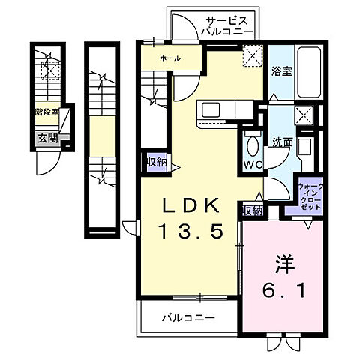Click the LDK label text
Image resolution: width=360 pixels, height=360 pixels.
[190, 206]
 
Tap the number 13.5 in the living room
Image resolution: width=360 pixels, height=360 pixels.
[190, 231]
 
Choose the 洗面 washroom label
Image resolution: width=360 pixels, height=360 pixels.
[282, 142]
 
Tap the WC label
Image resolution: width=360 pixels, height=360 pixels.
[251, 165]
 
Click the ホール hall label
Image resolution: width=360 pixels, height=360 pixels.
[169, 58]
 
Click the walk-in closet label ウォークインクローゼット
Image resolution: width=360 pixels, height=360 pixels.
[310, 196]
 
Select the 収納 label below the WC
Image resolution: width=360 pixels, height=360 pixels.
[252, 211]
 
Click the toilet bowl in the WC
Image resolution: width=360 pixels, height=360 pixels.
[252, 145]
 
